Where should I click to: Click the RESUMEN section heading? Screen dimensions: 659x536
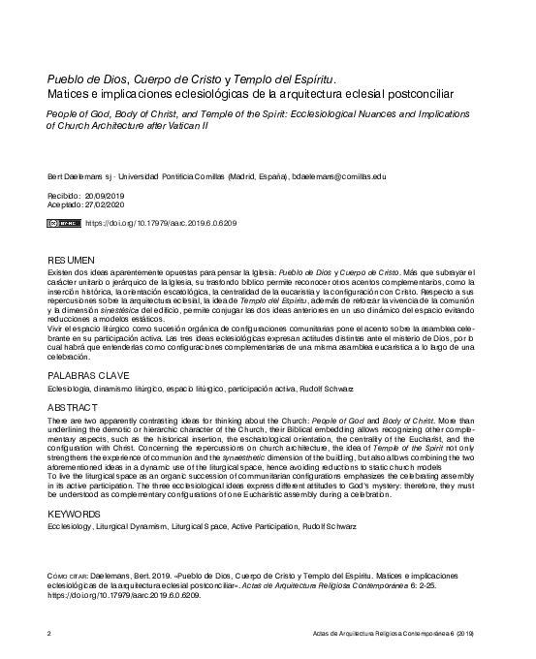71,261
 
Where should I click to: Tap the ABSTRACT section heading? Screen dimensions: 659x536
74,408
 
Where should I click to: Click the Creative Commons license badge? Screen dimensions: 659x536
64,223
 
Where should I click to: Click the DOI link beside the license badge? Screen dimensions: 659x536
161,223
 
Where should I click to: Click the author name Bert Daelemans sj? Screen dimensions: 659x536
81,176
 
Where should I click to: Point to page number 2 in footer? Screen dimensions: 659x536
49,632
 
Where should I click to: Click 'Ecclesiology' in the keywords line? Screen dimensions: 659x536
70,528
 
